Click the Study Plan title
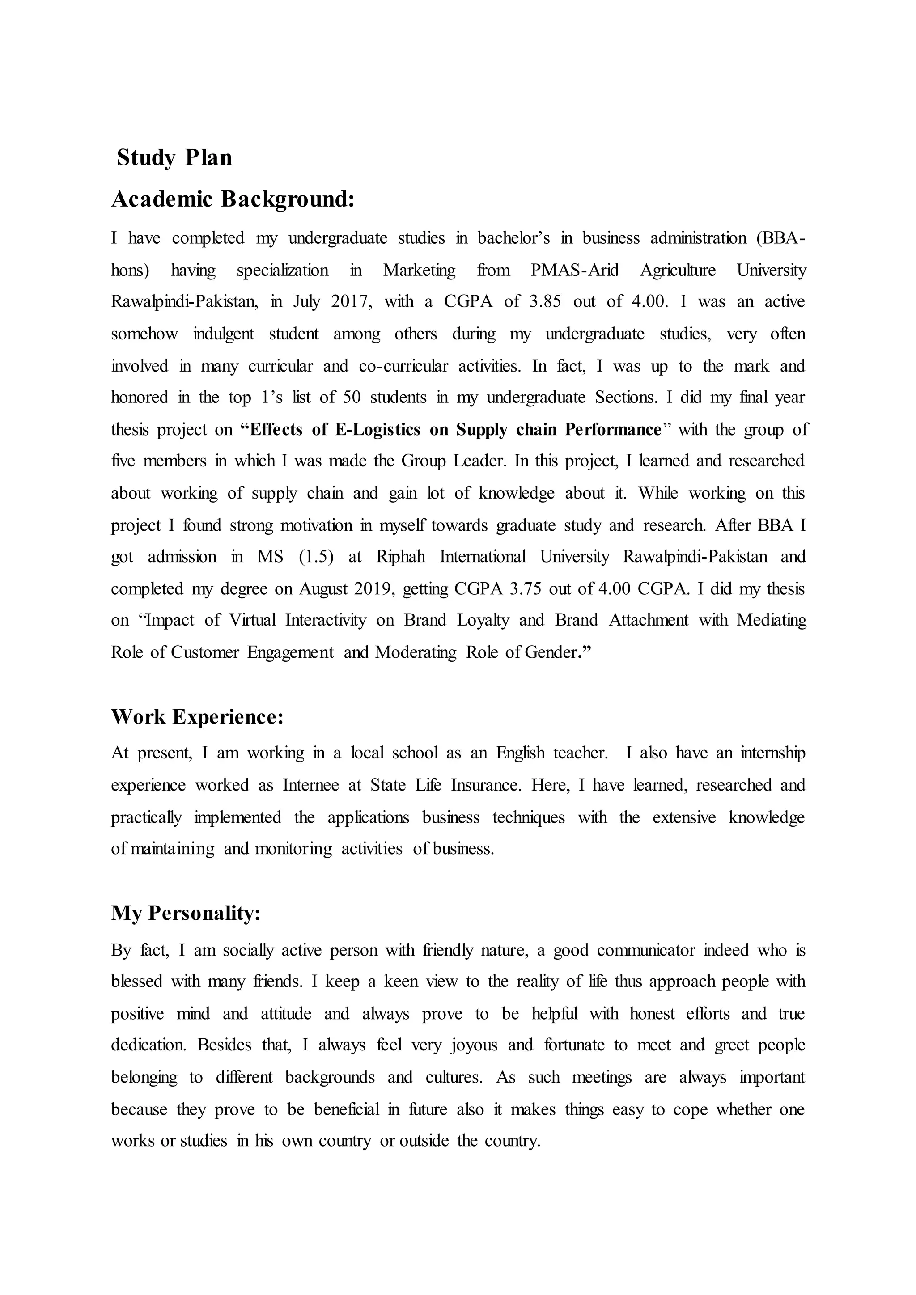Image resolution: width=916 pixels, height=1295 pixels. coord(174,158)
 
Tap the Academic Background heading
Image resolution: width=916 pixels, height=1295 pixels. coord(233,200)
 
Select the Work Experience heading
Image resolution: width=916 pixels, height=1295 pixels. coord(197,717)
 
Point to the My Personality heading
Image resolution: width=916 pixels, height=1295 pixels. coord(186,913)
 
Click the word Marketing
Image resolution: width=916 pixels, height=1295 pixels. coord(419,270)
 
